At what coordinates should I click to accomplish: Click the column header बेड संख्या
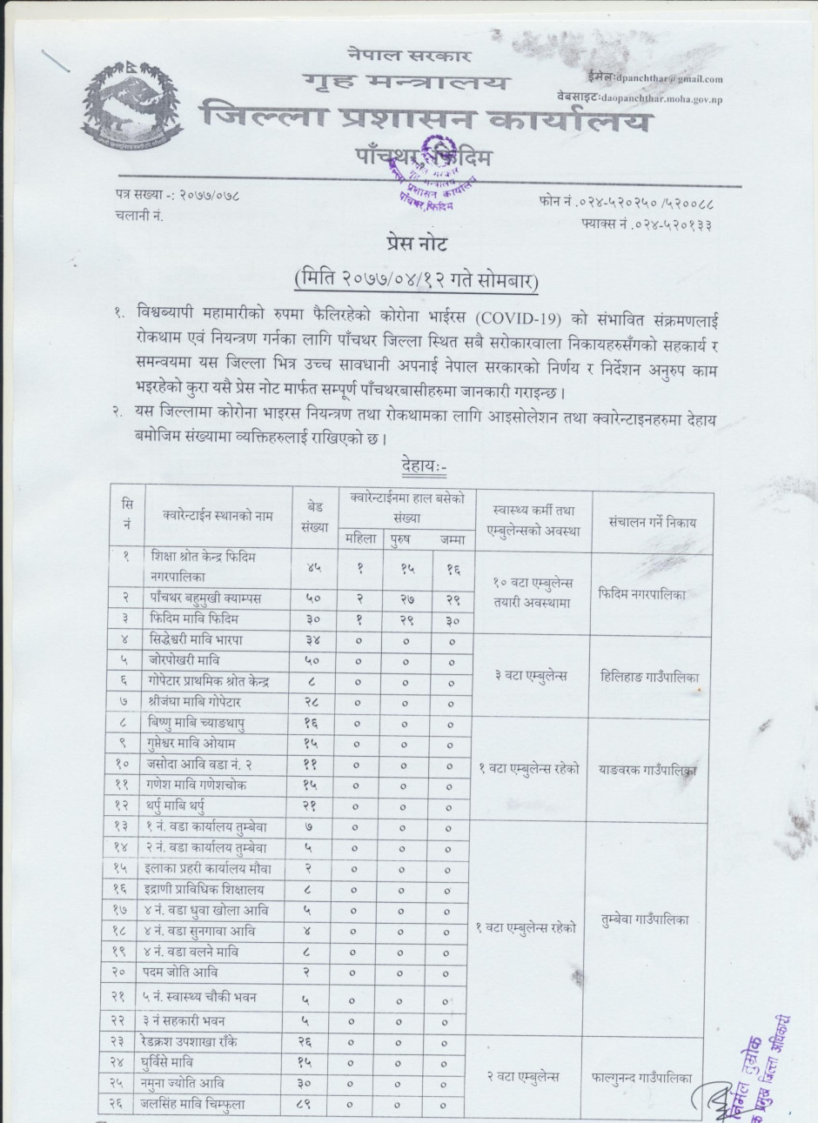point(317,516)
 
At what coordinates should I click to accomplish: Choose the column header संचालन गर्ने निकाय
point(652,522)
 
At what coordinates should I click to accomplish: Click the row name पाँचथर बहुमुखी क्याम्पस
point(205,598)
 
